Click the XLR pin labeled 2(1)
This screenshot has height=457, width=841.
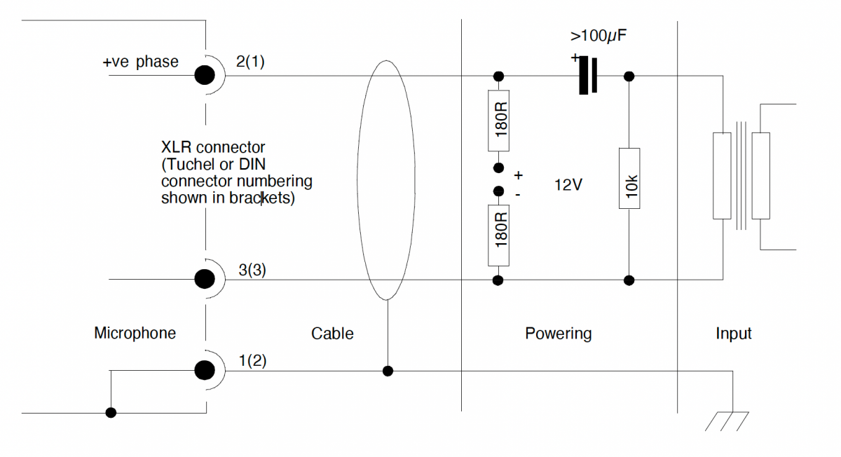click(205, 75)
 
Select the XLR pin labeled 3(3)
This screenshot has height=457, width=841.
click(205, 280)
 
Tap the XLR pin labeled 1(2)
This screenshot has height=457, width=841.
click(205, 369)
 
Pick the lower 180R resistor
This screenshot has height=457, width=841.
click(498, 235)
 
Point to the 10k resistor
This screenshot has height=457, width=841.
click(629, 178)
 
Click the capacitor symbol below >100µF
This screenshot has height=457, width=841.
click(588, 76)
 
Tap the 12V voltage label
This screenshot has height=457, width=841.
click(568, 185)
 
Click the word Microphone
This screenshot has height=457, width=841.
click(135, 333)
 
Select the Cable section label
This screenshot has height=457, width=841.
click(332, 334)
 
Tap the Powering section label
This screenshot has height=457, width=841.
click(558, 333)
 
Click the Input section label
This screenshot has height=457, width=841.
click(733, 334)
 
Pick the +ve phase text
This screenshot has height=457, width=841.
click(140, 62)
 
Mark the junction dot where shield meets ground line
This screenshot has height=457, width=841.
click(388, 370)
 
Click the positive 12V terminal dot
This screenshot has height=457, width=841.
click(498, 168)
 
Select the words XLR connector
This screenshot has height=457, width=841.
click(213, 148)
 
